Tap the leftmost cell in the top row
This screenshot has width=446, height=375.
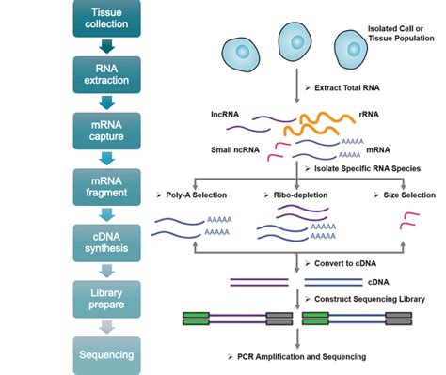(242, 48)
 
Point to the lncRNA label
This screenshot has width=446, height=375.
(228, 113)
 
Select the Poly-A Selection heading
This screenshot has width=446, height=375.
(224, 195)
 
